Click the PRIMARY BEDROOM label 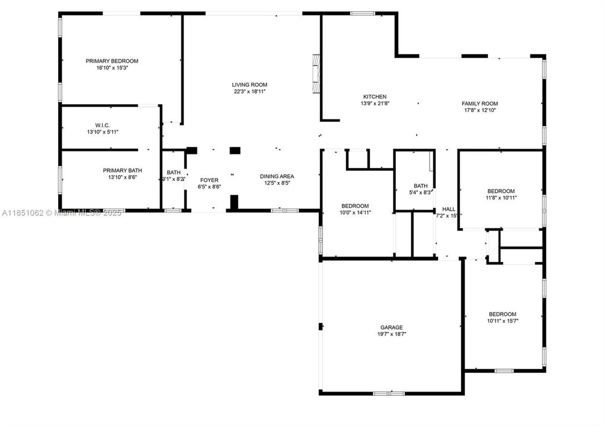coord(111,61)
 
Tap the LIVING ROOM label coord(250,85)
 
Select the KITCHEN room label coord(375,96)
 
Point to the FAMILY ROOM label coord(480,104)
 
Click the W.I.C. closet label coord(103,125)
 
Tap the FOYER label coord(209,180)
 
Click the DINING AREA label coord(277,176)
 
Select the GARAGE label coord(391,327)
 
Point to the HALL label coord(449,209)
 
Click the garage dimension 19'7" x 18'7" coord(391,334)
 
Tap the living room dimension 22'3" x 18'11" coord(250,92)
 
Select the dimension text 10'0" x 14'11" coord(356,212)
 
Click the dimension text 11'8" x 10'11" coord(501,198)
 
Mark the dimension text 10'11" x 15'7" coord(502,321)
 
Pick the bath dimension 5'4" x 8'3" coord(420,192)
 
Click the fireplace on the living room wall coord(317,74)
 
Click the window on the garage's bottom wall coord(389,393)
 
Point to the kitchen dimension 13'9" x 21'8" coord(375,104)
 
